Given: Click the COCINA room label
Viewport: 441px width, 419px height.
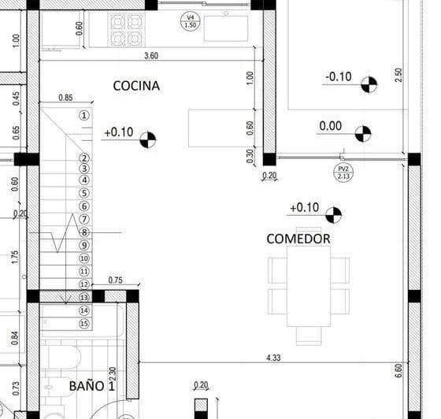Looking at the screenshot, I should click(x=136, y=85).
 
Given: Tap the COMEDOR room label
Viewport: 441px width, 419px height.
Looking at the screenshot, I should click(x=298, y=238).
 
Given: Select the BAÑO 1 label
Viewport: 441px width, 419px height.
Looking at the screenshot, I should click(x=92, y=386).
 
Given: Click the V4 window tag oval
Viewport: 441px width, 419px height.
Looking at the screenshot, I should click(x=190, y=21).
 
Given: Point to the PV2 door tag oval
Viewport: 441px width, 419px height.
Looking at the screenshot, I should click(x=343, y=172).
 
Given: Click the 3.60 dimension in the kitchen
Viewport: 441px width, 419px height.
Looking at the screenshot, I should click(x=151, y=55).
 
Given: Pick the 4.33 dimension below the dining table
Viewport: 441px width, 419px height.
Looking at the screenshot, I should click(x=274, y=358).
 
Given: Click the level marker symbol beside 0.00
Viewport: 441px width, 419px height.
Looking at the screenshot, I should click(x=362, y=134).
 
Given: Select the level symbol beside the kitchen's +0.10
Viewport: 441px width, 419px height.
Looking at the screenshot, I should click(x=147, y=140).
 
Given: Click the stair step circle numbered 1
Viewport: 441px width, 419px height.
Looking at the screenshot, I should click(x=84, y=115).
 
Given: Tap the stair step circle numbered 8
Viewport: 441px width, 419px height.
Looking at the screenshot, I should click(x=84, y=232).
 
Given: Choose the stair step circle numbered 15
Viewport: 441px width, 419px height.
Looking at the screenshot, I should click(x=84, y=324).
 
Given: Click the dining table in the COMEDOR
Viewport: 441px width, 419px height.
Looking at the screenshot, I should click(x=308, y=284).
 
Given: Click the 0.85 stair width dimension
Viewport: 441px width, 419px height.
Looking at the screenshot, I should click(x=67, y=98).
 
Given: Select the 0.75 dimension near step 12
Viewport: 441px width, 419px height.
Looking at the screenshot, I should click(x=115, y=280).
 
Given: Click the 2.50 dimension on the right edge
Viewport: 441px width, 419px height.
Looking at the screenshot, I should click(x=398, y=75).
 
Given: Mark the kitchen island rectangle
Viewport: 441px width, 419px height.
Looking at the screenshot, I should click(x=220, y=128).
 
